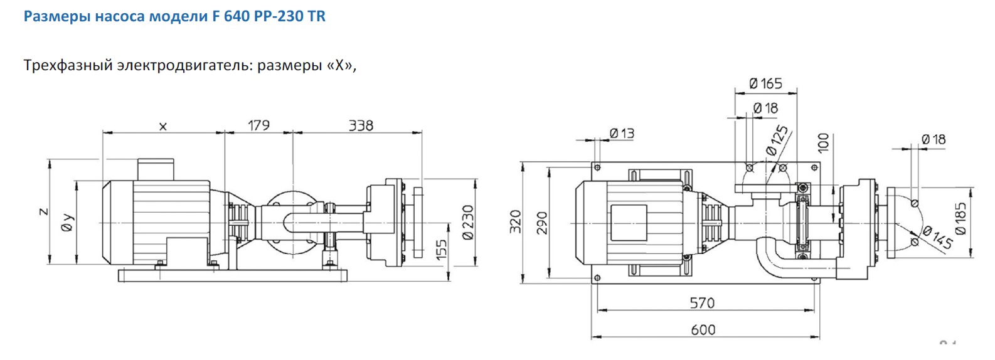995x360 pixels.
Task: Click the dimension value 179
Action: click(x=258, y=125)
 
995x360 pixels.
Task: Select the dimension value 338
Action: click(x=361, y=125)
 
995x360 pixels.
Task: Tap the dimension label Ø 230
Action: click(x=468, y=223)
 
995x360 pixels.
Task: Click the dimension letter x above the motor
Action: click(x=163, y=127)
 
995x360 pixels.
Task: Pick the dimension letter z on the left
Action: click(x=43, y=211)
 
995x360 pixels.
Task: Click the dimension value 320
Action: click(x=515, y=222)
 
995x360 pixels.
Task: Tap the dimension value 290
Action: click(x=543, y=223)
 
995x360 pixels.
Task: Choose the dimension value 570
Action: click(x=702, y=303)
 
